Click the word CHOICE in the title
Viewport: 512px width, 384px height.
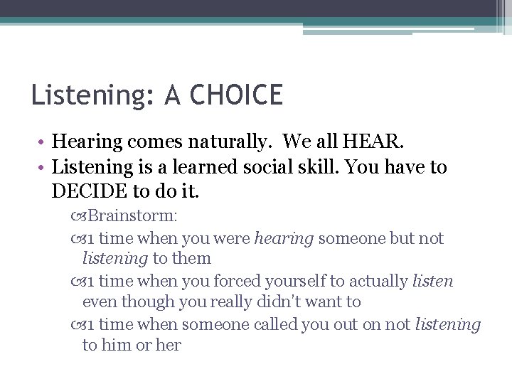tap(243, 95)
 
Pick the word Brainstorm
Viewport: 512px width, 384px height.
tap(132, 215)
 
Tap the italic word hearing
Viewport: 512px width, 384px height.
tap(284, 238)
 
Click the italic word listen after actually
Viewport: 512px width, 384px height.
tap(432, 281)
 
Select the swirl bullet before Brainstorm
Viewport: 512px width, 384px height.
tap(78, 215)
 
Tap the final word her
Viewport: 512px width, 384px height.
tap(169, 346)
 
